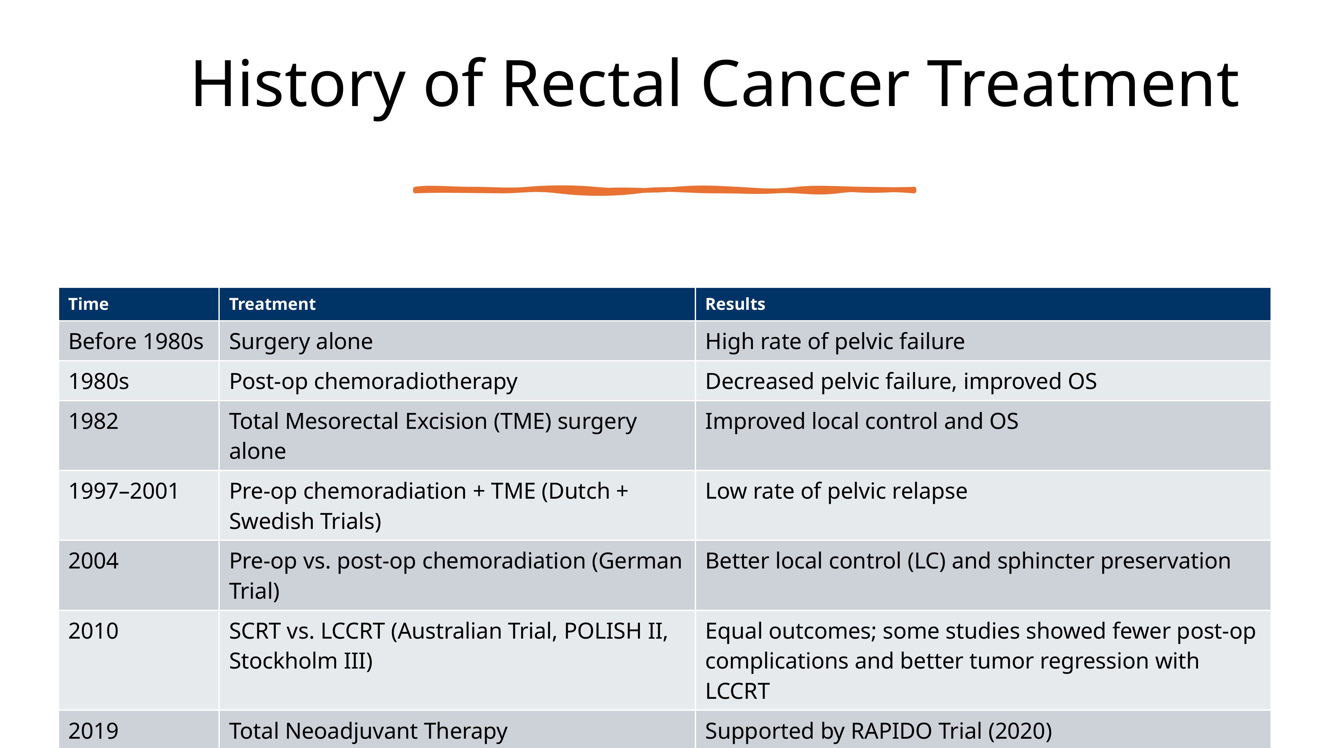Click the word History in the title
[299, 85]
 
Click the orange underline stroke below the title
[665, 190]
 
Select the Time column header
[88, 304]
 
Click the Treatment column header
[272, 304]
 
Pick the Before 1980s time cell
[136, 341]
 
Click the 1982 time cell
[93, 421]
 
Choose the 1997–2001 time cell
[123, 491]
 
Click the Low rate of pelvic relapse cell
[836, 491]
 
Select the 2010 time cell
[93, 631]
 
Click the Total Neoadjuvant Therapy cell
[368, 731]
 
